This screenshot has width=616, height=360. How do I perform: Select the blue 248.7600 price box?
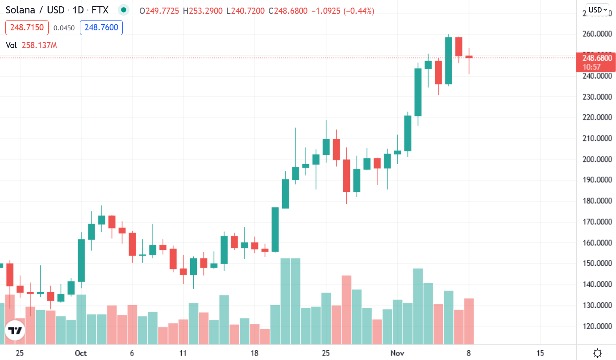pyautogui.click(x=101, y=28)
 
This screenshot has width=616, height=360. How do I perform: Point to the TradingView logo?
pyautogui.click(x=15, y=331)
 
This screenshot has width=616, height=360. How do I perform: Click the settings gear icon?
pyautogui.click(x=597, y=353)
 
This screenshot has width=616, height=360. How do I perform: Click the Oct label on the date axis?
pyautogui.click(x=81, y=353)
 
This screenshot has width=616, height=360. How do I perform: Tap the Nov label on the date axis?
pyautogui.click(x=398, y=353)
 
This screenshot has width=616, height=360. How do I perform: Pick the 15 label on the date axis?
pyautogui.click(x=540, y=353)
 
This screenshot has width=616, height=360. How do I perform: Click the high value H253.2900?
pyautogui.click(x=202, y=10)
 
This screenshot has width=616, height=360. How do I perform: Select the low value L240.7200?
pyautogui.click(x=246, y=10)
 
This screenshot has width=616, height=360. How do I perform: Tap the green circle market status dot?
pyautogui.click(x=124, y=10)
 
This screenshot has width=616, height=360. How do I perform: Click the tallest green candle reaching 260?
pyautogui.click(x=449, y=60)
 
